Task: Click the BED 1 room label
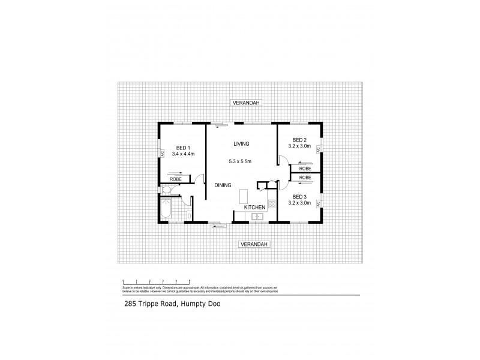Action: click(x=182, y=148)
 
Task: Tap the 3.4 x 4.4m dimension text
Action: click(x=184, y=154)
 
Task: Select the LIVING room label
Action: click(x=241, y=144)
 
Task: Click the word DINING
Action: click(x=223, y=185)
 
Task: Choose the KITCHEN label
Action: click(x=254, y=208)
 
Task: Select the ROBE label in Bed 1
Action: click(x=175, y=179)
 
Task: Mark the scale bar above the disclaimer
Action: click(x=156, y=280)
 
